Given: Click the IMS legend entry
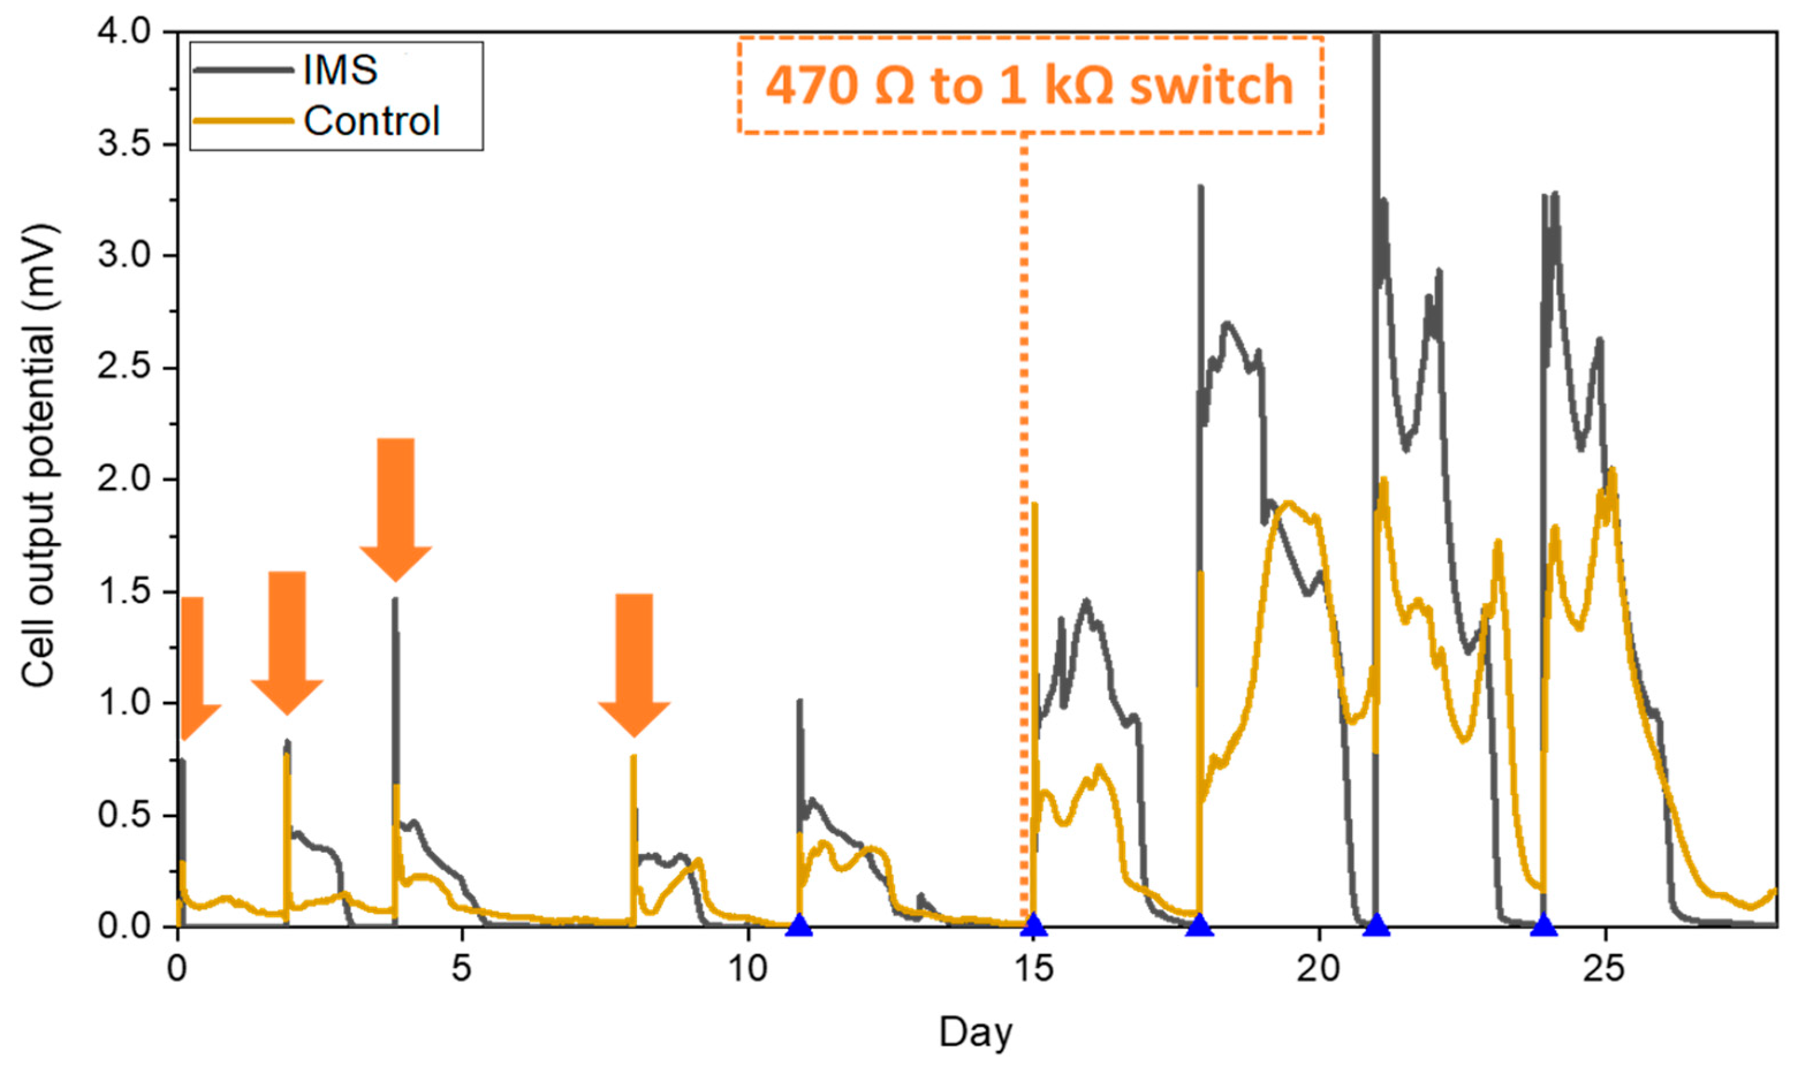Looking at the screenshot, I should [x=339, y=70].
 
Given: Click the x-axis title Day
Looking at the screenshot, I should [x=975, y=1032].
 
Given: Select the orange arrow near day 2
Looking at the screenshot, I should [x=287, y=642].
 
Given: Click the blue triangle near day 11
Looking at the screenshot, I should [x=799, y=926].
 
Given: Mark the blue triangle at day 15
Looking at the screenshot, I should [x=1034, y=926].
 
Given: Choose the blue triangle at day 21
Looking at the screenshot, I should [x=1376, y=926].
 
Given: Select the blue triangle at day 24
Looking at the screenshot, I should [x=1543, y=926].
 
